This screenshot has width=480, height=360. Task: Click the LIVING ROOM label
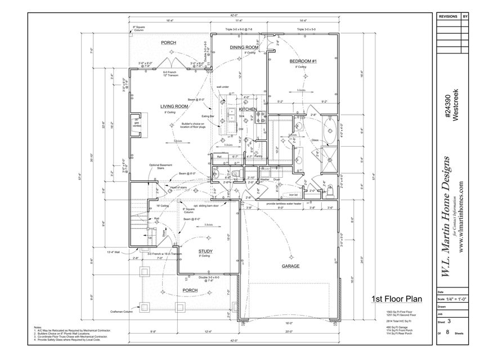point(174,106)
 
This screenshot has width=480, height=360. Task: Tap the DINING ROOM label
point(244,48)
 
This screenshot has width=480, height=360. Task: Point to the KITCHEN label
point(248,109)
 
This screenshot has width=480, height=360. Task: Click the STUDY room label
point(205,251)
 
